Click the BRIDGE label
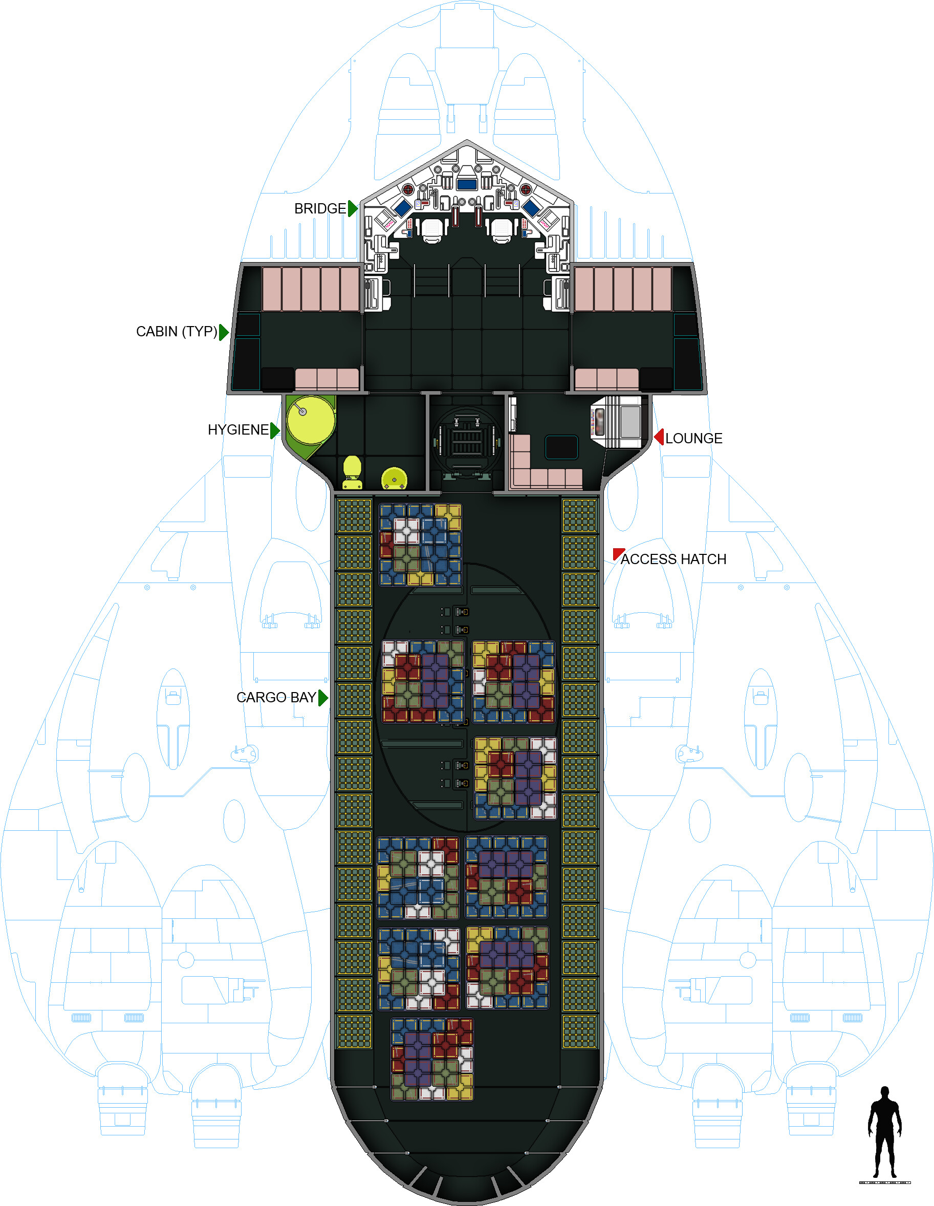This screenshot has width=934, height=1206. [320, 209]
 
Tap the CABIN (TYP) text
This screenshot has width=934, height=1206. [176, 331]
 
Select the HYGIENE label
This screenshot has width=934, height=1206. [238, 429]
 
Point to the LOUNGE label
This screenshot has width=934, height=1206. [693, 439]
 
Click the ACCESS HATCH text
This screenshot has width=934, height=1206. [673, 559]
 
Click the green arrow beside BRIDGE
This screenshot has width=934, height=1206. [353, 209]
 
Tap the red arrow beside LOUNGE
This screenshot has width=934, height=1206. [659, 437]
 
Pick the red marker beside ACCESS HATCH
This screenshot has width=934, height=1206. [617, 553]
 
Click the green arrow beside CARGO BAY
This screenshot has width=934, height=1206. [323, 698]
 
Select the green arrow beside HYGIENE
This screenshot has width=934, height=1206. [275, 430]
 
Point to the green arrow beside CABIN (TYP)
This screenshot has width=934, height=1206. [224, 332]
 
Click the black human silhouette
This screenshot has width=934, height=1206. [884, 1132]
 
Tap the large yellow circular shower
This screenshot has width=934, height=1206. [310, 420]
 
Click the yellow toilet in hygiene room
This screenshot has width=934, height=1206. [352, 472]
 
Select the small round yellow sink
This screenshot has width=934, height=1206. [394, 478]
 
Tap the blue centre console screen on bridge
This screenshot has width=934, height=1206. [467, 184]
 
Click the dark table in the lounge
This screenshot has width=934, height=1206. [561, 447]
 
